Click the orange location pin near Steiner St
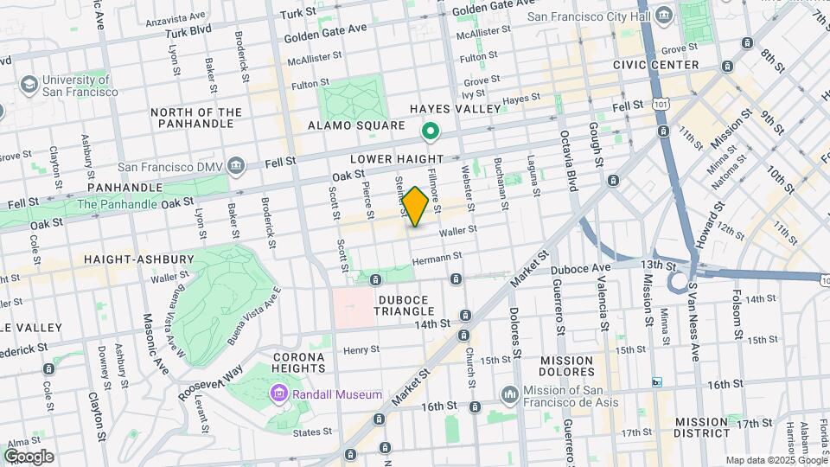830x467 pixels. pos(415,206)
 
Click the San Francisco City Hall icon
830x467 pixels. pos(664,16)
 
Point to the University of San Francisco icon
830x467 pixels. pos(29,85)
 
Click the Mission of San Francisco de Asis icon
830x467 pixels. pos(510,394)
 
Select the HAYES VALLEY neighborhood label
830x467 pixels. pos(456,109)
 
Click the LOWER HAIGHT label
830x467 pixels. pos(396,159)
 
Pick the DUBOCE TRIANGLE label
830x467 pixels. pos(410,306)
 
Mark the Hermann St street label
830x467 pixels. pos(437,256)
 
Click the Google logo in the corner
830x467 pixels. pos(29,456)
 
